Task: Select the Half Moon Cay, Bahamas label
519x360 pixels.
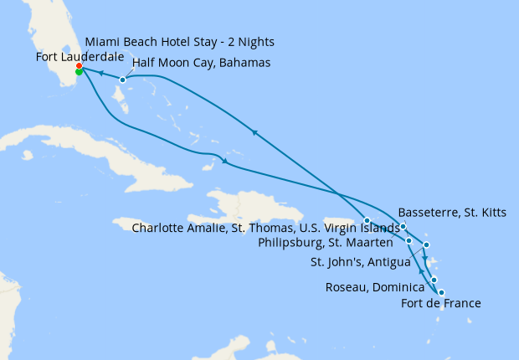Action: pos(201,63)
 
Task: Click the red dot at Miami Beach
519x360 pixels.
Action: pos(79,65)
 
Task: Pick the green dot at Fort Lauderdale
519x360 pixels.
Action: pos(79,72)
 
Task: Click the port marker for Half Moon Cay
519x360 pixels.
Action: pos(122,80)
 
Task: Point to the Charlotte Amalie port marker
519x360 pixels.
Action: pos(367,220)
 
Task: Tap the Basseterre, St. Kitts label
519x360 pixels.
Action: pos(452,212)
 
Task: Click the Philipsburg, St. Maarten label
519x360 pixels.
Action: pos(342,243)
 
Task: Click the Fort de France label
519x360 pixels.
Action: pos(441,303)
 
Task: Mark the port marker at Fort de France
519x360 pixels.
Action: pos(441,292)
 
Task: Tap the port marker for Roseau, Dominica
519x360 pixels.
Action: pos(434,280)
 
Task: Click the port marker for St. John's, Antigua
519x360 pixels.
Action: pos(426,245)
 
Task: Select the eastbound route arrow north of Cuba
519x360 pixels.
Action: pos(224,161)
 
